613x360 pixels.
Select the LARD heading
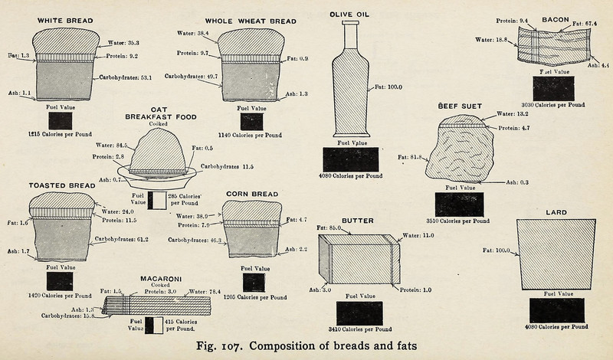pyautogui.click(x=556, y=211)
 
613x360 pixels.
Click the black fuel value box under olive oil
pyautogui.click(x=351, y=159)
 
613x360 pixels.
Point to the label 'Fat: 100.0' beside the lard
pyautogui.click(x=497, y=250)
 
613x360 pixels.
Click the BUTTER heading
pyautogui.click(x=357, y=221)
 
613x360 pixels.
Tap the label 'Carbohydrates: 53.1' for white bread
pyautogui.click(x=125, y=77)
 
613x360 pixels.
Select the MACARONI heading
pyautogui.click(x=160, y=279)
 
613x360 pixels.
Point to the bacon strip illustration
pyautogui.click(x=556, y=46)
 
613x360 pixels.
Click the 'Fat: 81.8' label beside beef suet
pyautogui.click(x=412, y=158)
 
